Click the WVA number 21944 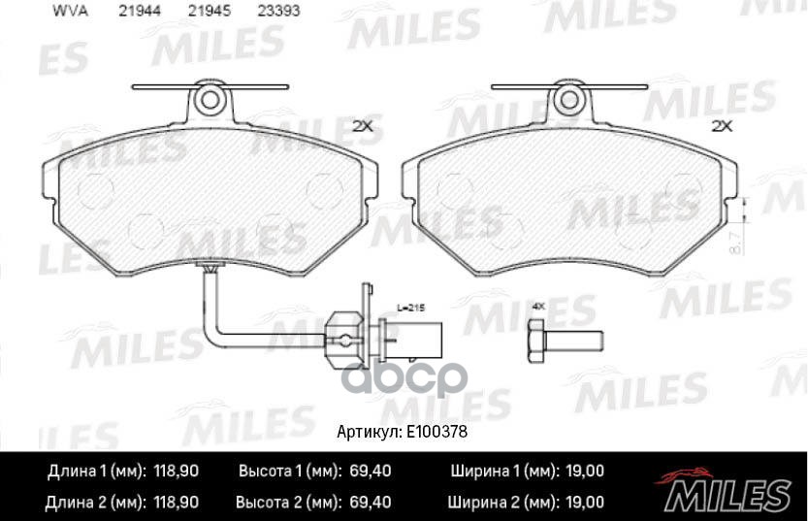click(139, 12)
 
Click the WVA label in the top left click(64, 12)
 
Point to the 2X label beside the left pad click(362, 125)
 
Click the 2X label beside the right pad click(721, 125)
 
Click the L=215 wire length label click(411, 307)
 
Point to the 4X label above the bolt click(538, 307)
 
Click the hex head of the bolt click(536, 341)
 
